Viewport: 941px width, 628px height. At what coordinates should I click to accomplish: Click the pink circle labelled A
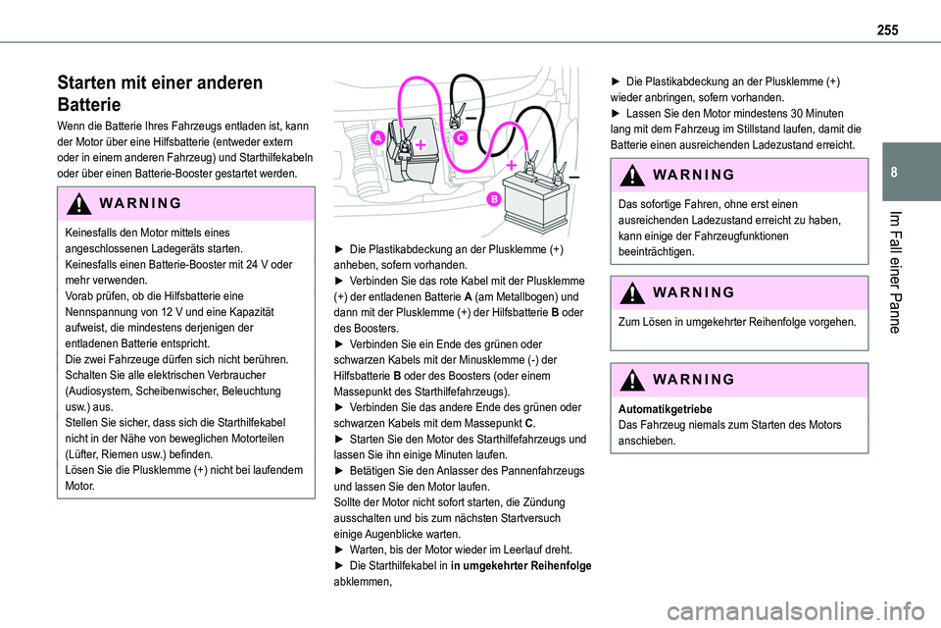pyautogui.click(x=376, y=140)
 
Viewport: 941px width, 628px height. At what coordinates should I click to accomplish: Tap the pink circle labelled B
pyautogui.click(x=493, y=200)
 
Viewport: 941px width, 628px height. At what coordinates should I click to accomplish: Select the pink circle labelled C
pyautogui.click(x=459, y=140)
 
